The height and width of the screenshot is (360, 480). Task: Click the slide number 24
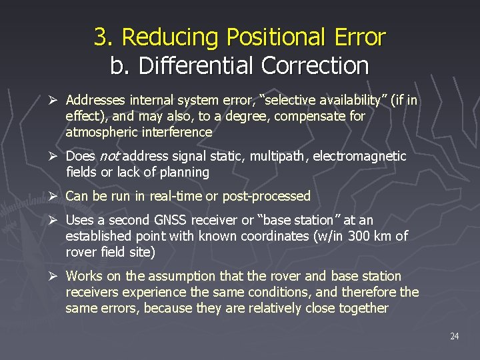point(454,336)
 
